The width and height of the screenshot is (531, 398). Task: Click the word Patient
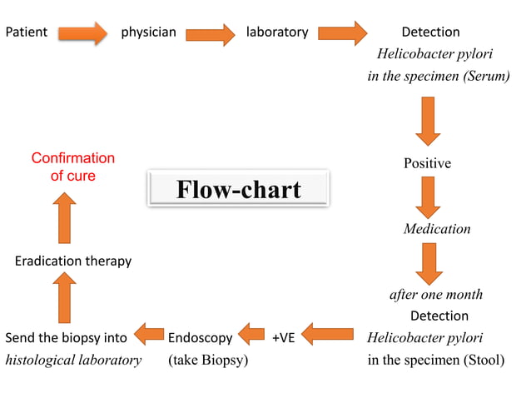[x=27, y=32]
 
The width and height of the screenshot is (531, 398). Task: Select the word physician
[x=149, y=32]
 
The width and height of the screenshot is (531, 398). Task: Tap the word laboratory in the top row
[x=277, y=32]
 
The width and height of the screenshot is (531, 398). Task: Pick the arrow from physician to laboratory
[x=211, y=34]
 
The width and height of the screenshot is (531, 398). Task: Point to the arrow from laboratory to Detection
[x=342, y=33]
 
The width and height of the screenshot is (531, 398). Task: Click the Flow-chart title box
[x=238, y=189]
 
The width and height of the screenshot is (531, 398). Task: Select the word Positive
[x=427, y=163]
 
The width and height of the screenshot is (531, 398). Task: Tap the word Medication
[x=437, y=229]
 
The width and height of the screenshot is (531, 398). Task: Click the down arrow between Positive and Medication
[x=428, y=197]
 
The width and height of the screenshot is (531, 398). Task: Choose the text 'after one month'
[x=436, y=295]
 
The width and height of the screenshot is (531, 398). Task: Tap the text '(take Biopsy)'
[x=208, y=361]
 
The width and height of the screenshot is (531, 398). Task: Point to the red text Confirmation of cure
[x=73, y=167]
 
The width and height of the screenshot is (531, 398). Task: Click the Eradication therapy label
[x=73, y=261]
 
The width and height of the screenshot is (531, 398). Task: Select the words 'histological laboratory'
[x=73, y=361]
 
